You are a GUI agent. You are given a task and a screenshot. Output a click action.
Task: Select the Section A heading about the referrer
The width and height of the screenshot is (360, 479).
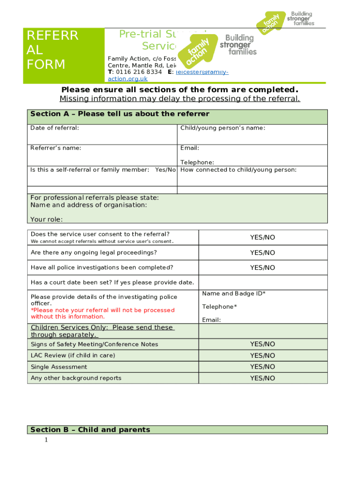click(x=120, y=114)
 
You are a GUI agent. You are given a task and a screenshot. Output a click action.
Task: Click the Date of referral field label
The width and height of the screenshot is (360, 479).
click(x=55, y=128)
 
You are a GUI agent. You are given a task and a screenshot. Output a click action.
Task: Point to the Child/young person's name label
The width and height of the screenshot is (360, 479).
click(x=223, y=128)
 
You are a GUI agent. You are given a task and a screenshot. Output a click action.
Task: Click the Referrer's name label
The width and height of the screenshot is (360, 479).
click(x=56, y=148)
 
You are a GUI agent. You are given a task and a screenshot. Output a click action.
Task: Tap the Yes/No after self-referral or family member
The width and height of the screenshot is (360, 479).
click(x=165, y=170)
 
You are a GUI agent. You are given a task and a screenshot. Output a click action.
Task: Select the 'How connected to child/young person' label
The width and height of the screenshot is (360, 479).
click(x=238, y=170)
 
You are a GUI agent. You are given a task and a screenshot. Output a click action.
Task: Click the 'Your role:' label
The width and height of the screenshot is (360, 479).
click(x=46, y=219)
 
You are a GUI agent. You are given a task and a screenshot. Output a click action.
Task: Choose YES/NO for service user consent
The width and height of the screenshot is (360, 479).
click(x=262, y=238)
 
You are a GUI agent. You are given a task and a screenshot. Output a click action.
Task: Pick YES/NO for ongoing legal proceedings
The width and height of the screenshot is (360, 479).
click(x=262, y=253)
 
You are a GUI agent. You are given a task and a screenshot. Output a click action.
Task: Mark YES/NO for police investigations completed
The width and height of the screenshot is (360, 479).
click(x=262, y=268)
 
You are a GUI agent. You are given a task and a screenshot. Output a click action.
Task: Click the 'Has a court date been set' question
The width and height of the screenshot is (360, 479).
click(x=112, y=283)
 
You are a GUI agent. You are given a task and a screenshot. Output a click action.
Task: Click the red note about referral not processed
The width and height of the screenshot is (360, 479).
click(x=102, y=313)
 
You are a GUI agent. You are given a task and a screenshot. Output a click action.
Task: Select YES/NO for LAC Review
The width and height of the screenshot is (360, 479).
click(x=262, y=356)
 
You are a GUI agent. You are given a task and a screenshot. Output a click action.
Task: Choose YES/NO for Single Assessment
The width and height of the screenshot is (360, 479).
click(x=262, y=367)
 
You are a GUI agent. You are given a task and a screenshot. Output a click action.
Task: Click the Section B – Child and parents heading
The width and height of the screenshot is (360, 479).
click(x=90, y=429)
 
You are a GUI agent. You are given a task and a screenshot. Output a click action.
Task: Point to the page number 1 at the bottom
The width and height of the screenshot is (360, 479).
click(x=46, y=440)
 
